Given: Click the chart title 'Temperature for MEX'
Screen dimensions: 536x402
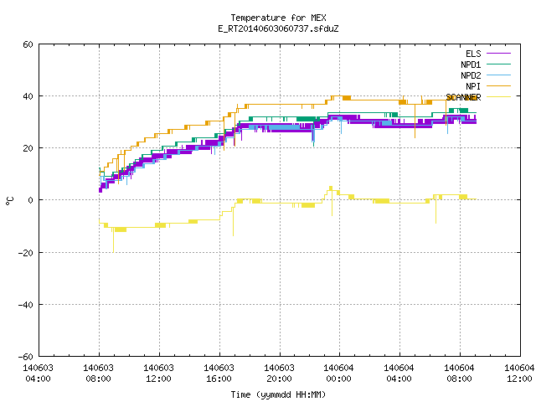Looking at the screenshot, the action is pyautogui.click(x=278, y=18).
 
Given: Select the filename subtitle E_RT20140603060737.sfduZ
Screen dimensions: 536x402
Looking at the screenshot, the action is pyautogui.click(x=278, y=28).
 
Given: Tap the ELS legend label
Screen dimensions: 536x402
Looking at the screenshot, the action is pyautogui.click(x=473, y=54).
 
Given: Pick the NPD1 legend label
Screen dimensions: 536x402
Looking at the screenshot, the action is pyautogui.click(x=471, y=64).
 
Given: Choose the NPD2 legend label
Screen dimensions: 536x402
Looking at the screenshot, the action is pyautogui.click(x=471, y=75).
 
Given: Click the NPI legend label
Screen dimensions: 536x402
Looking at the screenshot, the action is pyautogui.click(x=473, y=86).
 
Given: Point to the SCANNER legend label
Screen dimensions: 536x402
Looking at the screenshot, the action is pyautogui.click(x=463, y=97).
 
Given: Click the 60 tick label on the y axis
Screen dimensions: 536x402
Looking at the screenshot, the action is pyautogui.click(x=28, y=44).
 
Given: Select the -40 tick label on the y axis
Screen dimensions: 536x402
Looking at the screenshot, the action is pyautogui.click(x=26, y=305).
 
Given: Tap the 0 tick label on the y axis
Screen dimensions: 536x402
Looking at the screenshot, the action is pyautogui.click(x=30, y=200).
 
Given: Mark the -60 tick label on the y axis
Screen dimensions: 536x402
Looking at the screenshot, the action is pyautogui.click(x=26, y=357).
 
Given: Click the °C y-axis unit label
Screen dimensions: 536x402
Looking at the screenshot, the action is pyautogui.click(x=10, y=201).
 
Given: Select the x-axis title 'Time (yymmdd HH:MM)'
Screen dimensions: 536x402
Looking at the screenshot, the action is pyautogui.click(x=278, y=394).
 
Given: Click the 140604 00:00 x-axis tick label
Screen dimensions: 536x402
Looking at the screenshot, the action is pyautogui.click(x=338, y=374).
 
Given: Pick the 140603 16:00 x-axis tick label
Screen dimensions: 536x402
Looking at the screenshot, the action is pyautogui.click(x=219, y=374).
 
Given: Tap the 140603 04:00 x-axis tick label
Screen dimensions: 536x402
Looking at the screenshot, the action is pyautogui.click(x=38, y=374).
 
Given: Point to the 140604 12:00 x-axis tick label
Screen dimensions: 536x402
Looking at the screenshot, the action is pyautogui.click(x=519, y=374).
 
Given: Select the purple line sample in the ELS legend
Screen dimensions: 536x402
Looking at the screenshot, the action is pyautogui.click(x=499, y=54).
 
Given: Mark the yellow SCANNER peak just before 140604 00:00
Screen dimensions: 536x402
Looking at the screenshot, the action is pyautogui.click(x=331, y=188).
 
